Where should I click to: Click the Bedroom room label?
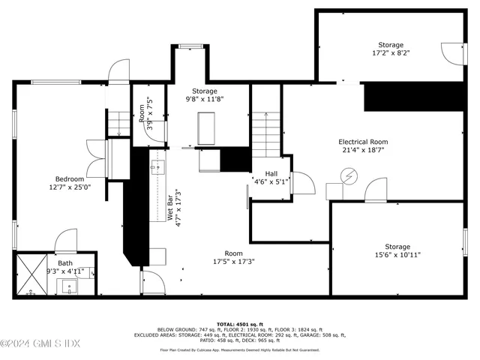coord(70,179)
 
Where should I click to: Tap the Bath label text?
coord(66,263)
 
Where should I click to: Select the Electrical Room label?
coord(363,142)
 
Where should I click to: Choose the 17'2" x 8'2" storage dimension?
coord(390,54)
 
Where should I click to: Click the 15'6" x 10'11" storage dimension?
coord(397,255)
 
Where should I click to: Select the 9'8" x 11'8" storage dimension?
coord(205,99)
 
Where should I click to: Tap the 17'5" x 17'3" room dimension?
coord(234,262)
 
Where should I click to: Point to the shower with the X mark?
coord(29,274)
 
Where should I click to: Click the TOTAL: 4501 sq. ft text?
coord(239,323)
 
